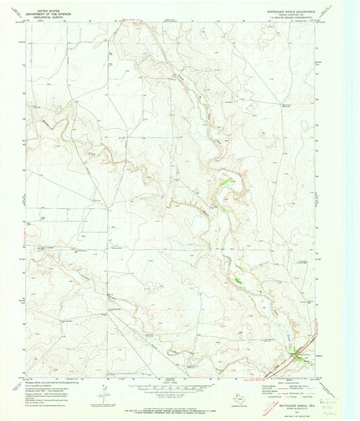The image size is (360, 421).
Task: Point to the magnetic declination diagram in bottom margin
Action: coord(101,385)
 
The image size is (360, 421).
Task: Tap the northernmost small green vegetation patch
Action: coord(228,180)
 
